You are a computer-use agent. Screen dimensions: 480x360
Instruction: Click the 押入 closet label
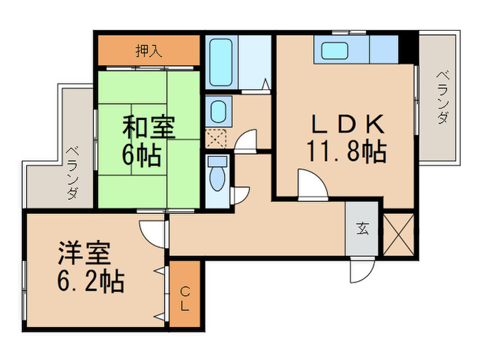(x=149, y=51)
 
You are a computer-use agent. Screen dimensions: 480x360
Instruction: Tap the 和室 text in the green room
(x=149, y=126)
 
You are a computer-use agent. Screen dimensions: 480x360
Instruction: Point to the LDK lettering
(x=348, y=123)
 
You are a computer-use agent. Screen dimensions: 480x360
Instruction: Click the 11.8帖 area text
(x=346, y=151)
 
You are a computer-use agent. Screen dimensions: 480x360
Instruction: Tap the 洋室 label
(x=84, y=253)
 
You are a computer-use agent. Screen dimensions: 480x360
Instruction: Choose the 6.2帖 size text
(x=91, y=281)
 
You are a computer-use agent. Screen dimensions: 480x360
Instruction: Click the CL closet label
(x=184, y=298)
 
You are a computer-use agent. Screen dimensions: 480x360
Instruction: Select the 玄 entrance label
(x=363, y=228)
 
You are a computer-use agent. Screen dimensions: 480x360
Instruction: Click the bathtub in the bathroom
(x=220, y=62)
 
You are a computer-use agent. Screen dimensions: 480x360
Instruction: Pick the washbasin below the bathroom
(x=219, y=112)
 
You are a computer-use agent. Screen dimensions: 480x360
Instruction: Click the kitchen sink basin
(x=335, y=51)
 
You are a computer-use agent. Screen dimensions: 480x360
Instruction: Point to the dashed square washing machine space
(x=216, y=139)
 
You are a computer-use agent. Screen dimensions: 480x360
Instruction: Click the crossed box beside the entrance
(x=398, y=235)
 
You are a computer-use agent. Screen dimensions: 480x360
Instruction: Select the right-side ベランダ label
(x=442, y=97)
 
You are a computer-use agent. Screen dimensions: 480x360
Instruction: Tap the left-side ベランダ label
(x=72, y=173)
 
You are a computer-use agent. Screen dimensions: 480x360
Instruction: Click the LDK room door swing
(x=313, y=184)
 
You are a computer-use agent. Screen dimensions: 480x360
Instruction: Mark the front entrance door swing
(x=363, y=269)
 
